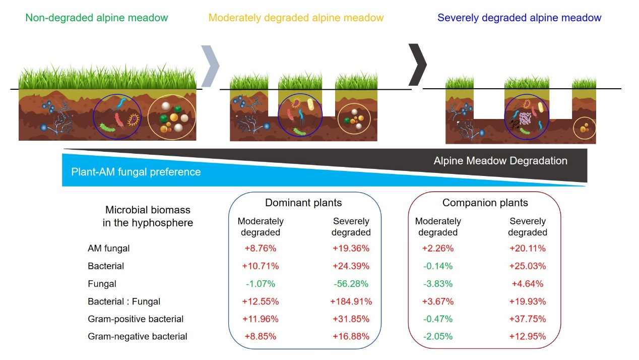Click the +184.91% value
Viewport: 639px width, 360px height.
[351, 302]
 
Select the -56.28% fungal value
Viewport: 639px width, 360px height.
[351, 284]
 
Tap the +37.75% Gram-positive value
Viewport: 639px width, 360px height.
[528, 319]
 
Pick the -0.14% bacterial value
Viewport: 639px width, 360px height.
[438, 266]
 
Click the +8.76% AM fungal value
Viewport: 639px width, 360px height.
[261, 249]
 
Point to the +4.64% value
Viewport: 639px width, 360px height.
[528, 284]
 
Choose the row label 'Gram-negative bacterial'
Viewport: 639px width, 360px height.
[138, 336]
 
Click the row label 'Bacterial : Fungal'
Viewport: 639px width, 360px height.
[124, 302]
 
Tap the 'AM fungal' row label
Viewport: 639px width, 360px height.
[109, 249]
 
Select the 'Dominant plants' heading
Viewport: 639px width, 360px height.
[303, 203]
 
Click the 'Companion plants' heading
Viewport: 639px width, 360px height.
[485, 203]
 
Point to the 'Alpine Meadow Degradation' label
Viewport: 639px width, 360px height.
[500, 161]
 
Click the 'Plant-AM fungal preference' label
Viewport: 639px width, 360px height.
[136, 172]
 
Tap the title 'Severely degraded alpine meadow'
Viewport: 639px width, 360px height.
[520, 18]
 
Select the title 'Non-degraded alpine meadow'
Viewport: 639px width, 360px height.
[97, 18]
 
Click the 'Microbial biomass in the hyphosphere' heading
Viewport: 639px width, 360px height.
[148, 216]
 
